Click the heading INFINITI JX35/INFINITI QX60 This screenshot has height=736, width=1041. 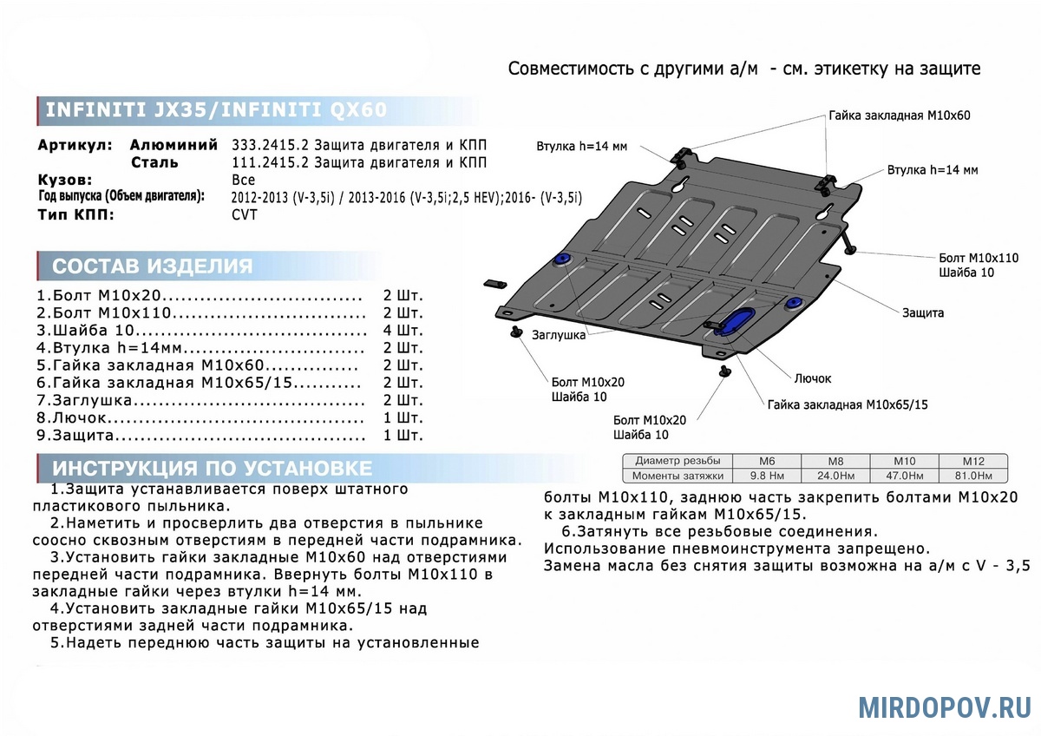(216, 109)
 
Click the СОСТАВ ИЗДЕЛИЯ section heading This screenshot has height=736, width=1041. (153, 266)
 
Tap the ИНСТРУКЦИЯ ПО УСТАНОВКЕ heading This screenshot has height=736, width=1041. (212, 468)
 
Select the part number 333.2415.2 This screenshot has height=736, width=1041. (270, 145)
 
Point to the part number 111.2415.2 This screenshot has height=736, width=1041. (270, 162)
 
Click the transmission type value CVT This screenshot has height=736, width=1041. (245, 214)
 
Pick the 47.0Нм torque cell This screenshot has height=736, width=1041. (904, 476)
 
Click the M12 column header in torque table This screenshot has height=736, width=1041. (973, 461)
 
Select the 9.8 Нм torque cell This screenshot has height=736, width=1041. (767, 476)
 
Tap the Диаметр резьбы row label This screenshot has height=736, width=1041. (678, 461)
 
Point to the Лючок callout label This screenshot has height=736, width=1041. (812, 378)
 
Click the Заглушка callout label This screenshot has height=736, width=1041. (558, 335)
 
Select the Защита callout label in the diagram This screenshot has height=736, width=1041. (923, 313)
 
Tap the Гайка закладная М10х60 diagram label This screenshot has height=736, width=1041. (900, 115)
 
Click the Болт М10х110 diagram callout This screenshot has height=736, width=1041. (979, 258)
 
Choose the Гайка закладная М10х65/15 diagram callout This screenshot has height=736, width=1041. (848, 404)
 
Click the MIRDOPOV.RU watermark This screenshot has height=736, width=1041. (945, 707)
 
